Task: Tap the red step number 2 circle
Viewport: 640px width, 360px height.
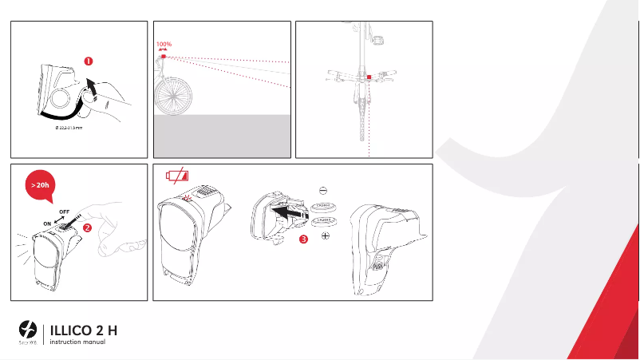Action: pos(88,227)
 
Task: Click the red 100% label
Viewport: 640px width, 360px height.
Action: pos(164,45)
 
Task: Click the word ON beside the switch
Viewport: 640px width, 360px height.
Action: pos(46,223)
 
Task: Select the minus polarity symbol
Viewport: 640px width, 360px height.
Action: pos(322,191)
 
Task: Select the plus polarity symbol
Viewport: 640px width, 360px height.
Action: pos(326,237)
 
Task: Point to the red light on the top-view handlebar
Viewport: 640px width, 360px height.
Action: pos(369,77)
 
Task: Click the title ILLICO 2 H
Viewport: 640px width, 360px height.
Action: pos(85,330)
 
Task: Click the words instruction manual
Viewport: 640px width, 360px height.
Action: pos(77,342)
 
